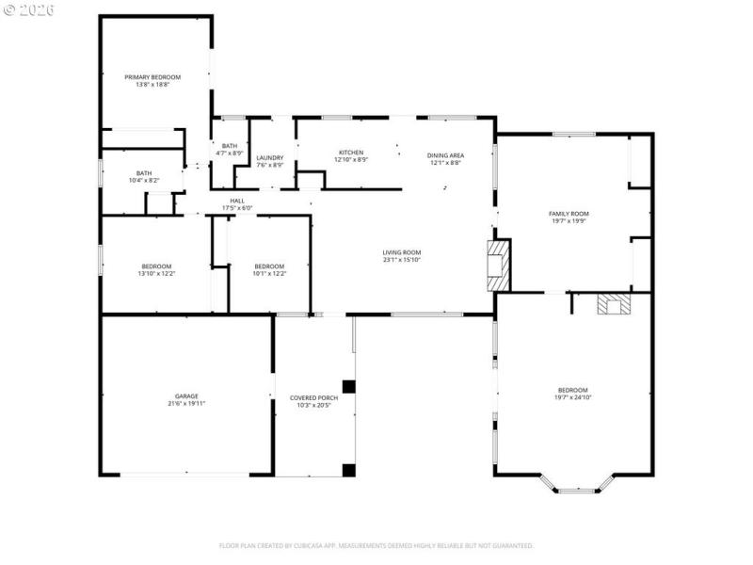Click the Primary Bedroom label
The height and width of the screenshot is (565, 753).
(x=152, y=77)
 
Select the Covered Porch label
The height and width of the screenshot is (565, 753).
(x=313, y=397)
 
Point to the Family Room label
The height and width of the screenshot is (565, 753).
(x=569, y=214)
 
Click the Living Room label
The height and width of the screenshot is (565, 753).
(x=401, y=251)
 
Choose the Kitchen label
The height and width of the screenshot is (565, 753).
(x=350, y=153)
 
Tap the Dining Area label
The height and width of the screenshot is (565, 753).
(x=445, y=155)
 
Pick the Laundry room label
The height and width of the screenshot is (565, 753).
(x=269, y=157)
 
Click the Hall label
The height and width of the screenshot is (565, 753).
(x=237, y=200)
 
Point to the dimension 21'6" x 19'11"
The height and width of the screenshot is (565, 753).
(x=185, y=404)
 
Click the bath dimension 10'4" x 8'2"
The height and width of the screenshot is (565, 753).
(x=144, y=180)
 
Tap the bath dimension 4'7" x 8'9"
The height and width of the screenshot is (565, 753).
(x=230, y=153)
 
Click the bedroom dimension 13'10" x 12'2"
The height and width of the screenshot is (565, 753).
(x=156, y=274)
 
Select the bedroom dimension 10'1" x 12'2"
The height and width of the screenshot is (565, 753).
(x=269, y=274)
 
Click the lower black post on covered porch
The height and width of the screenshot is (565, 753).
(x=348, y=469)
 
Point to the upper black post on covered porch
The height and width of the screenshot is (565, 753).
(x=348, y=386)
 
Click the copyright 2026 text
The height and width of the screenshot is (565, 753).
(x=28, y=9)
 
